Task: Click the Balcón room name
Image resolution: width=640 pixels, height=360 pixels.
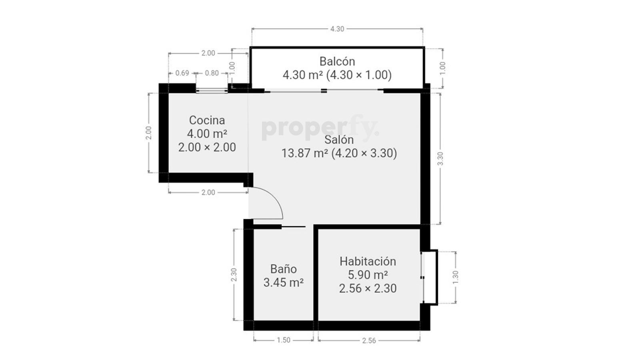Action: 337,62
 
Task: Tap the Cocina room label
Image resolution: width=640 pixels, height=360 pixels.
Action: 207,120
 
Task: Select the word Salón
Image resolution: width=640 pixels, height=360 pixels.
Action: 339,140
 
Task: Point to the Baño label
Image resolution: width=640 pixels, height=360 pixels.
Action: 284,269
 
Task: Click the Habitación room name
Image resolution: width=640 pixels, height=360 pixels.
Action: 368,262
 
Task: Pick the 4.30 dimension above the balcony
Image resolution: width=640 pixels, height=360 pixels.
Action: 337,29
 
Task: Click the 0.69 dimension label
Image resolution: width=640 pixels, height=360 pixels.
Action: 182,73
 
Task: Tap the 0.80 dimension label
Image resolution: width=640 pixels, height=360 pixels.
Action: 212,73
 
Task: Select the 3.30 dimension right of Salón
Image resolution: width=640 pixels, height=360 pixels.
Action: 440,158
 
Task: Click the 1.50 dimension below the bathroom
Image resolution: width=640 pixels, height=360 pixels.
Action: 284,340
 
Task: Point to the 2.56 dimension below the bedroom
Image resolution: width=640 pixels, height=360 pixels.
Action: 369,340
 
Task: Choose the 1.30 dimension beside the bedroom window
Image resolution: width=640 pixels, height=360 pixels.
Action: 456,277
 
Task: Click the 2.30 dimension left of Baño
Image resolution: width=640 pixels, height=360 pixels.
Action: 234,274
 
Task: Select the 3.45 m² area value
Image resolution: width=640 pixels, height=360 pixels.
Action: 284,282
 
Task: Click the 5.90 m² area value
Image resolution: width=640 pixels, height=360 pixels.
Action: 368,275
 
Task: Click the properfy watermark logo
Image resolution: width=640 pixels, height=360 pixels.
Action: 320,128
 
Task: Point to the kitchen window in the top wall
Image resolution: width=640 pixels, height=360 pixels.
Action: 212,91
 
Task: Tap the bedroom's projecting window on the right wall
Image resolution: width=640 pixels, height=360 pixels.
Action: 430,278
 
